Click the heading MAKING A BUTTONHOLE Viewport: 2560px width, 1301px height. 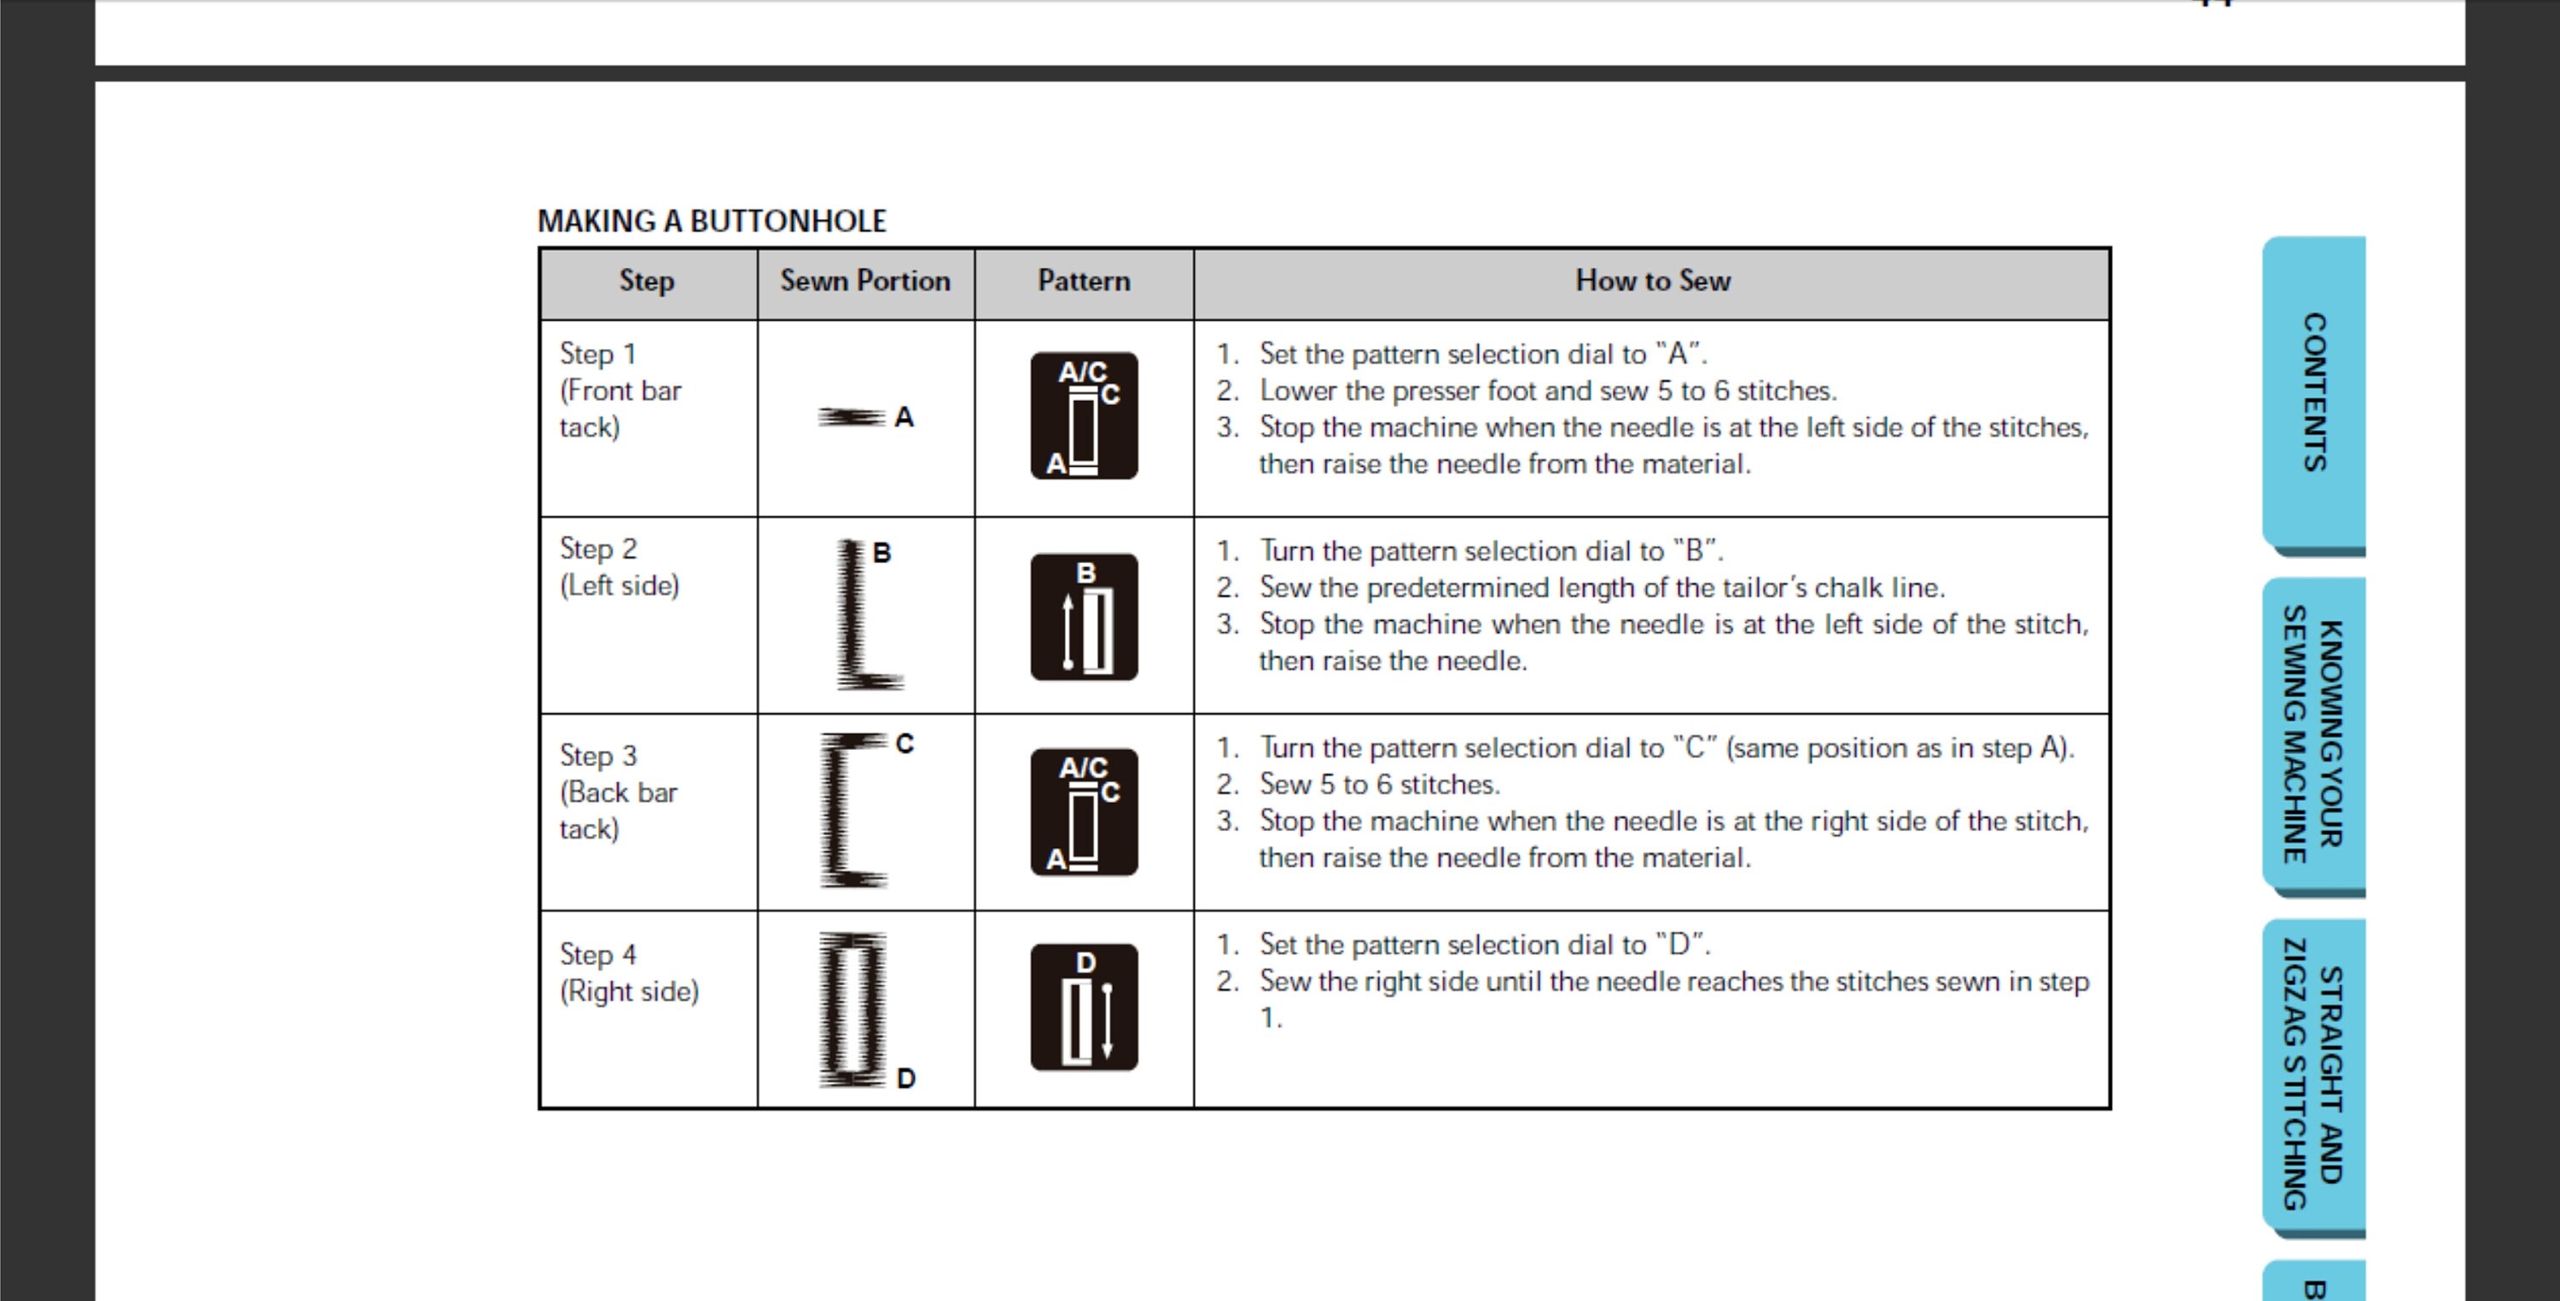[x=712, y=221]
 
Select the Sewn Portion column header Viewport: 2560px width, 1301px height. [x=864, y=282]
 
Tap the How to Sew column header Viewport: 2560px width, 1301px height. [x=1652, y=282]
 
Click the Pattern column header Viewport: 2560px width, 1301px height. [x=1083, y=282]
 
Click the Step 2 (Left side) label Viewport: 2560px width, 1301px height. [x=620, y=567]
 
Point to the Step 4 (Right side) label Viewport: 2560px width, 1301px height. [x=628, y=973]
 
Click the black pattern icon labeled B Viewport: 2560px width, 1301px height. [x=1083, y=617]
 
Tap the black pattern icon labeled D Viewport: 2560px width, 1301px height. [x=1083, y=1007]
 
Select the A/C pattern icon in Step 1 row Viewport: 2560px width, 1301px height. [x=1083, y=415]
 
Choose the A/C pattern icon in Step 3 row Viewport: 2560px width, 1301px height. [x=1083, y=812]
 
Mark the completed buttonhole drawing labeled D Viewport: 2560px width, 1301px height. [x=852, y=1008]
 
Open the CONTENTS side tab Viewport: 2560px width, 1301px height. [x=2314, y=392]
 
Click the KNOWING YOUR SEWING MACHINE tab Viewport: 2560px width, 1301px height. [x=2314, y=735]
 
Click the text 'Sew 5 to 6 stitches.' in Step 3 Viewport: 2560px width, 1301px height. [x=1379, y=785]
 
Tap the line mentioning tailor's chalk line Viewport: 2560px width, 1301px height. [x=1601, y=589]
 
